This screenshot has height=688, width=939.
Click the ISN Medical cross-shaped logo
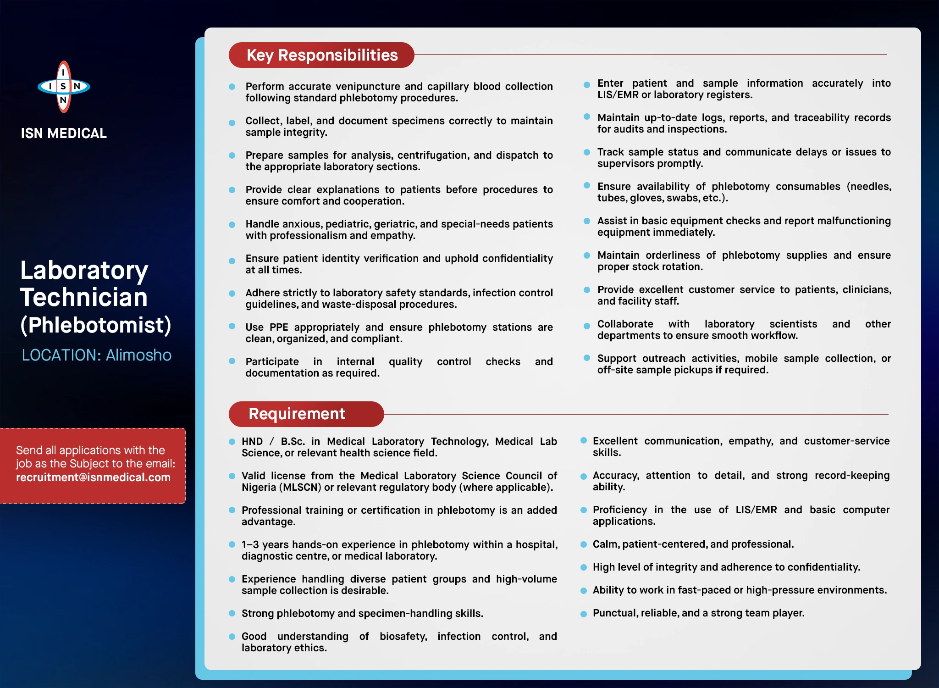click(x=64, y=87)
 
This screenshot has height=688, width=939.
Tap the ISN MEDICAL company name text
click(x=64, y=133)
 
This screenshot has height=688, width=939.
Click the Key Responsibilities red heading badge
click(x=321, y=55)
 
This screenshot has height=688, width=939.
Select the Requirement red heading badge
click(x=306, y=414)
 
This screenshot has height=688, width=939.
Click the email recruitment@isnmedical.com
click(x=93, y=477)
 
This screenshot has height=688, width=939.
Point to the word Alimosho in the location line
click(x=138, y=355)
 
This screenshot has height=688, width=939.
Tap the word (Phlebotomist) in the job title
click(x=96, y=325)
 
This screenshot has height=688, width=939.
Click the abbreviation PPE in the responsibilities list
click(x=279, y=327)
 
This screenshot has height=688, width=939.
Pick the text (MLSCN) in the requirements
click(x=300, y=487)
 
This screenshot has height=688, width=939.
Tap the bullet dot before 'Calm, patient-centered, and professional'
click(x=584, y=544)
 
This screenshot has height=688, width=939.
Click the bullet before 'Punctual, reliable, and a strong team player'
click(x=584, y=614)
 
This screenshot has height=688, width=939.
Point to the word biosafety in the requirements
click(x=403, y=636)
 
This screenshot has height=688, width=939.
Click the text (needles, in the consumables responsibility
click(x=868, y=186)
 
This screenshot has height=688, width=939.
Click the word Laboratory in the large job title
click(x=84, y=270)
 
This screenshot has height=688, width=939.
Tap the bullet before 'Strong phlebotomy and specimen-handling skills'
click(x=232, y=613)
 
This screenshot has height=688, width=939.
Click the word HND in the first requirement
click(x=252, y=441)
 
